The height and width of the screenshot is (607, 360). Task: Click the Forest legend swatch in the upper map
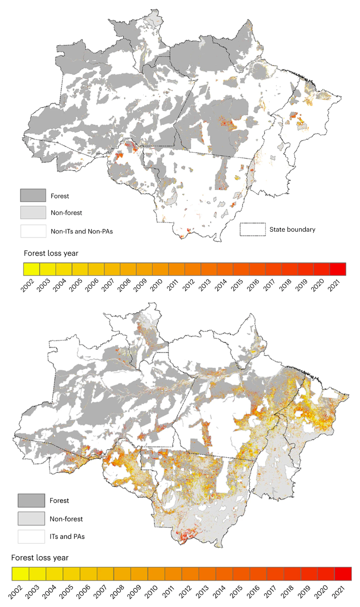[x=33, y=195]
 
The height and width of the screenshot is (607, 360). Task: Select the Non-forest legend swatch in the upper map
[x=33, y=212]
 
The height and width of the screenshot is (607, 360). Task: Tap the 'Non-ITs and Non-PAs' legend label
[x=82, y=231]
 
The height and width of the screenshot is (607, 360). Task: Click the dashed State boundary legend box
[x=252, y=229]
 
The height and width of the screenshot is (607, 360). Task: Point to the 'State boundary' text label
[x=292, y=229]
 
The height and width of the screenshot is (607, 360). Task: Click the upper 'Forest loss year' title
[x=51, y=253]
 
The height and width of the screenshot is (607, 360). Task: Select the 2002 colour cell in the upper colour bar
[x=32, y=269]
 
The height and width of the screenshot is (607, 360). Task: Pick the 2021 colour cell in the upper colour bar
[x=338, y=269]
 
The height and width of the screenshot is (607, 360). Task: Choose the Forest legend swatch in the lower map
[x=32, y=500]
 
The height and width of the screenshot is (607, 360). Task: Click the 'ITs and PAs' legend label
[x=67, y=536]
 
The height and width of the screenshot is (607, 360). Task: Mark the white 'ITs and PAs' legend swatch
[x=32, y=536]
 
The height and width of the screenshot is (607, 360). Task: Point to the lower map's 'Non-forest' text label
[x=66, y=519]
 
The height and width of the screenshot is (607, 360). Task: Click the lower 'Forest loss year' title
[x=40, y=557]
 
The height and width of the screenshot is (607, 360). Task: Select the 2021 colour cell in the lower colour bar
[x=343, y=574]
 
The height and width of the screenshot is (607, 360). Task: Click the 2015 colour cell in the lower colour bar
[x=241, y=574]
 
